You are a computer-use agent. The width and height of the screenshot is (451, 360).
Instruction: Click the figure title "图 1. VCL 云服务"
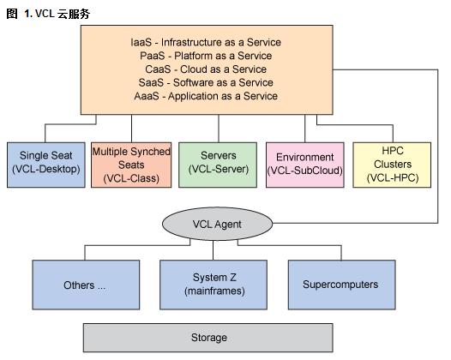click(x=48, y=14)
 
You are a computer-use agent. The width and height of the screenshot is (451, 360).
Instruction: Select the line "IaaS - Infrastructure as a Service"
click(x=206, y=42)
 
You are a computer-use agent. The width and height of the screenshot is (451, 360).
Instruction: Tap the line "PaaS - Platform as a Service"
click(x=206, y=56)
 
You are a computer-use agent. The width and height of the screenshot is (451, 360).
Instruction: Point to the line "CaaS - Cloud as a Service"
click(x=206, y=69)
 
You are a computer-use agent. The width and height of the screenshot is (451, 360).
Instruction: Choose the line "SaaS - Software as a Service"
click(x=206, y=83)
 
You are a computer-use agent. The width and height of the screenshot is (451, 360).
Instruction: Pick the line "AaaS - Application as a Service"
click(x=206, y=96)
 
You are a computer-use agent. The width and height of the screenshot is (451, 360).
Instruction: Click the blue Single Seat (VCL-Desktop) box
click(x=46, y=165)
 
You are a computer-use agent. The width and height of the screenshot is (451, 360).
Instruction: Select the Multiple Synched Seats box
click(x=131, y=165)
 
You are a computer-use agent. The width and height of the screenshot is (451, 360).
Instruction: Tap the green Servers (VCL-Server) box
click(x=218, y=165)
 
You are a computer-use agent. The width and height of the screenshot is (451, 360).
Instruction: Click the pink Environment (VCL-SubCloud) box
click(x=305, y=165)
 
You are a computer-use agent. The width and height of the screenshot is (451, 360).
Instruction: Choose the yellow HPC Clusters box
click(x=392, y=165)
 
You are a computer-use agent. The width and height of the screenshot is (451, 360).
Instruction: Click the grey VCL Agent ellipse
click(x=217, y=224)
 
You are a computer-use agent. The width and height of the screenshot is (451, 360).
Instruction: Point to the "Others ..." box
click(x=86, y=285)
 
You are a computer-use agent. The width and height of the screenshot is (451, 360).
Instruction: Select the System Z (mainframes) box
click(x=213, y=285)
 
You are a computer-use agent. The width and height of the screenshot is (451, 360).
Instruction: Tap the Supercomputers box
click(x=342, y=285)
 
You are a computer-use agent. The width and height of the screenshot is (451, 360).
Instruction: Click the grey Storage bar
click(x=208, y=338)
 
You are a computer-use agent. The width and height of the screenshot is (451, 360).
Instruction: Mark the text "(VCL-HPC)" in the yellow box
click(x=393, y=177)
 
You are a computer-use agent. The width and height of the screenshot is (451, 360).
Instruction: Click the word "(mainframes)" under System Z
click(x=214, y=291)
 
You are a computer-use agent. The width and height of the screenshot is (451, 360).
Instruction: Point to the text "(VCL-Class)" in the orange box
click(x=131, y=178)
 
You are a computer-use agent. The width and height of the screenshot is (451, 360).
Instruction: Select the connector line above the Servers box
click(x=219, y=129)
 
